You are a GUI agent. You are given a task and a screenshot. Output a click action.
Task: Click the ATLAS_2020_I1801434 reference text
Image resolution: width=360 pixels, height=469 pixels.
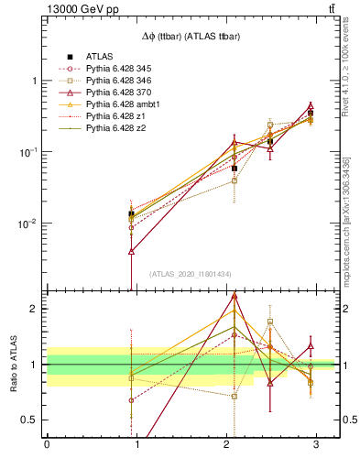pyautogui.click(x=191, y=274)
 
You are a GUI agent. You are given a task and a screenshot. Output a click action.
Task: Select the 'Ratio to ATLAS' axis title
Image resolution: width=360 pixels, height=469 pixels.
pyautogui.click(x=13, y=364)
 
